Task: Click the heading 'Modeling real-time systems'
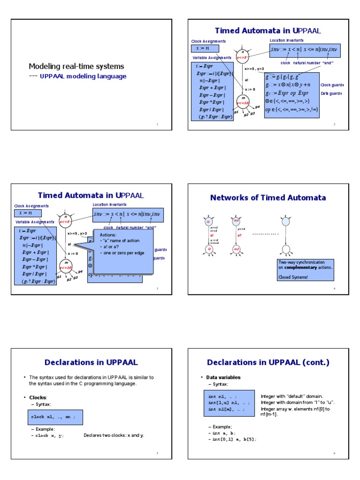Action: click(76, 66)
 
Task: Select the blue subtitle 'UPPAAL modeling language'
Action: click(83, 76)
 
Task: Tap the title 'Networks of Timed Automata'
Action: click(268, 197)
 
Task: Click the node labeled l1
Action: click(209, 221)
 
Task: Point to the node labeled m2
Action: click(237, 248)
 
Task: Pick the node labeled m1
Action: click(237, 221)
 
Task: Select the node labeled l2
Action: click(209, 248)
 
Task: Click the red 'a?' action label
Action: click(239, 235)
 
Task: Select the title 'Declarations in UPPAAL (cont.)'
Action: click(268, 362)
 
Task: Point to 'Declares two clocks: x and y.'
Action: click(114, 435)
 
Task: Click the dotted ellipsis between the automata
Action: click(265, 233)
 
